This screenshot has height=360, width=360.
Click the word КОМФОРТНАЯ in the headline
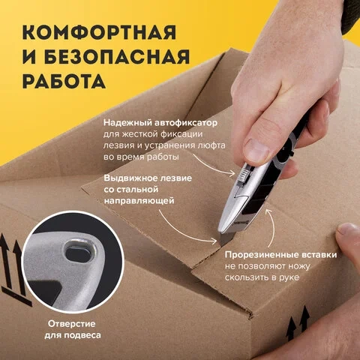tap(99, 32)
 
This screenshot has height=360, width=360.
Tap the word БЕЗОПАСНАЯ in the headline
tap(117, 56)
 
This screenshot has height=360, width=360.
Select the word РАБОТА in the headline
tap(64, 81)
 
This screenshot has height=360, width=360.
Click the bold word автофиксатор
tap(186, 123)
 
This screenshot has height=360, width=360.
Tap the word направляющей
tap(139, 201)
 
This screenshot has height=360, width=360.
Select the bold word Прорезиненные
tap(262, 255)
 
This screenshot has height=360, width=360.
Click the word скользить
tap(245, 277)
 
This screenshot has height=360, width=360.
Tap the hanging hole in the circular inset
tap(79, 252)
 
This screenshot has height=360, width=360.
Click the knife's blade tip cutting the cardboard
tap(221, 244)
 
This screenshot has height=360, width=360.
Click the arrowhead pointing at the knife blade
tap(214, 241)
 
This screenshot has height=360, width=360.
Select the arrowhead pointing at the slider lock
tap(232, 173)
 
